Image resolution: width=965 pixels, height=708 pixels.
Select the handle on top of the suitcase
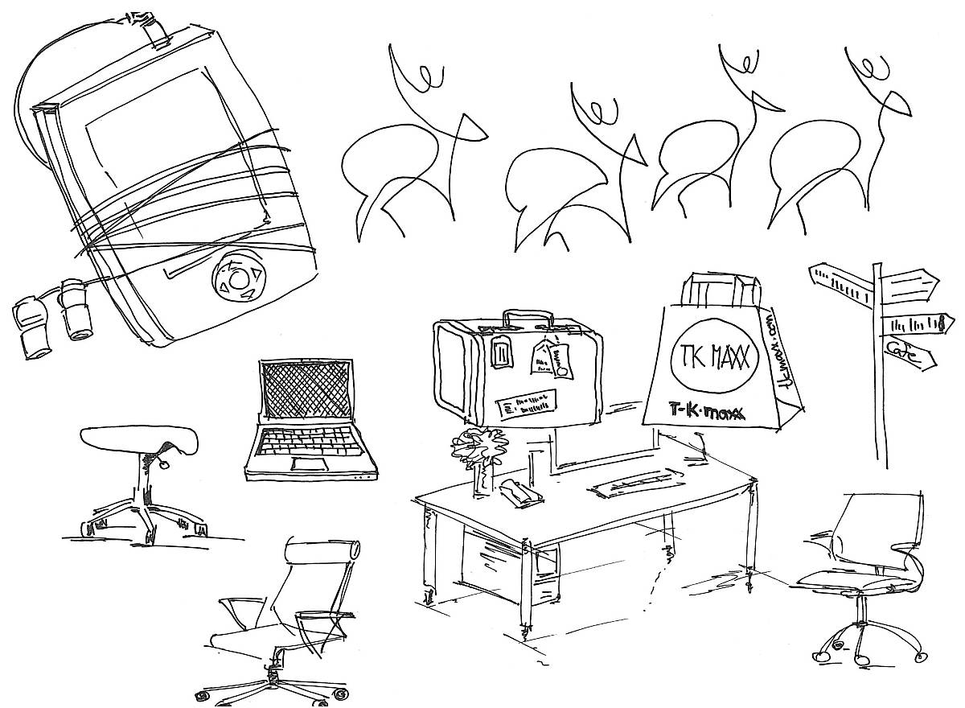(528, 316)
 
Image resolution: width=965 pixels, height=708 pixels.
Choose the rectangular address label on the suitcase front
(527, 401)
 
